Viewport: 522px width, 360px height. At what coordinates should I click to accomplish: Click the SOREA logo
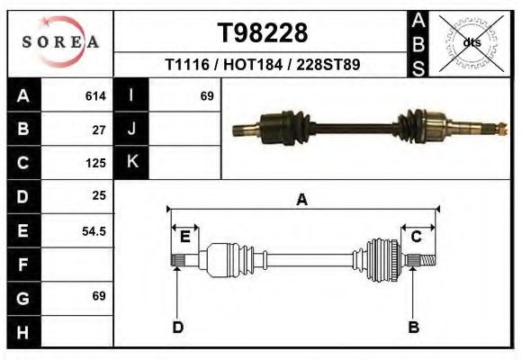[60, 42]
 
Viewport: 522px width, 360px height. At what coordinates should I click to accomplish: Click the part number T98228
[263, 33]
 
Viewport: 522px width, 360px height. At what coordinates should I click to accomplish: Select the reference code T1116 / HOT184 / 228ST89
[263, 65]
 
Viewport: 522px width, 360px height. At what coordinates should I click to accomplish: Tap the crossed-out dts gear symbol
[471, 42]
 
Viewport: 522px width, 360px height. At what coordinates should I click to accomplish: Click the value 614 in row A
[95, 95]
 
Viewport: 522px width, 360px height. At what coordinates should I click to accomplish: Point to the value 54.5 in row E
[94, 231]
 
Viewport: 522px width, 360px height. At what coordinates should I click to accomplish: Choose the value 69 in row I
[206, 95]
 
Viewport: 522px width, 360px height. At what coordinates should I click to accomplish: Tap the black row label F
[22, 265]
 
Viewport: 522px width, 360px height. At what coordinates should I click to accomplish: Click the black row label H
[22, 332]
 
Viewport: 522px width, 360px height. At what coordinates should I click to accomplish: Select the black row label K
[131, 162]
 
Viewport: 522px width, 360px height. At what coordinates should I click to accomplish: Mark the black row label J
[131, 129]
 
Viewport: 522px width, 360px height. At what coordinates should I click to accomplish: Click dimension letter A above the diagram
[301, 200]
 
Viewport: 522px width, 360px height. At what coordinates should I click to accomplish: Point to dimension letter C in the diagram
[417, 237]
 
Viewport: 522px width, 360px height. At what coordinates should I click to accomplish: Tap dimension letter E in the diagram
[184, 237]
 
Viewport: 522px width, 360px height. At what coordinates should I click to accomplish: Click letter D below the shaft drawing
[177, 327]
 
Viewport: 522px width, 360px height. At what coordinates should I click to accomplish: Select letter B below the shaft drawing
[413, 327]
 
